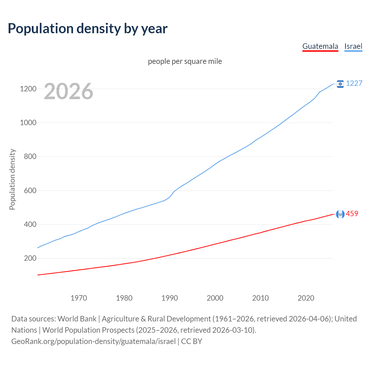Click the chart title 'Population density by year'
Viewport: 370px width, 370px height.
(88, 29)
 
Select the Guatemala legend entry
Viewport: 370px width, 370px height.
(320, 46)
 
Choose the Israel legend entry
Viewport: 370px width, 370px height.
(353, 46)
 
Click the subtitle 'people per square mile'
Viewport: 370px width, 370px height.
(185, 62)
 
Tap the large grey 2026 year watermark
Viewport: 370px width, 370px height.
(69, 91)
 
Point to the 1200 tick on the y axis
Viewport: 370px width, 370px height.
(28, 89)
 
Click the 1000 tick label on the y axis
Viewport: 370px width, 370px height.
(28, 123)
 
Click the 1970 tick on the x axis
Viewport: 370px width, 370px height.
(79, 298)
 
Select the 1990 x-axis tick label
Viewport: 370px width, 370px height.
(170, 298)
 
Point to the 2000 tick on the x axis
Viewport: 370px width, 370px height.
(215, 298)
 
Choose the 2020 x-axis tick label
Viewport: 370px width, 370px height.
(306, 298)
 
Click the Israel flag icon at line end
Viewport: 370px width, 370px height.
(340, 84)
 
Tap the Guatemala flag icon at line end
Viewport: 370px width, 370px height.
(340, 214)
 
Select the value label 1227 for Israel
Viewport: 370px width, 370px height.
(354, 84)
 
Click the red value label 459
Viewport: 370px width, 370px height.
(352, 214)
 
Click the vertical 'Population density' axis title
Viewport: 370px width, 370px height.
(12, 179)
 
